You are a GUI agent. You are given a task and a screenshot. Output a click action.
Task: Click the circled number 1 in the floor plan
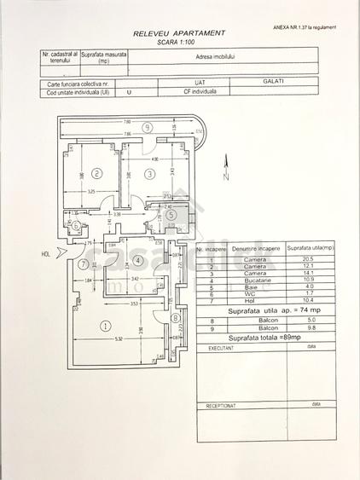(x=105, y=325)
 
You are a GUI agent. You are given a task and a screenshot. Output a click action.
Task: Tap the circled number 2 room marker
(x=97, y=174)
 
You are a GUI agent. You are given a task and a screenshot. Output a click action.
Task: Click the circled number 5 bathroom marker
(x=171, y=215)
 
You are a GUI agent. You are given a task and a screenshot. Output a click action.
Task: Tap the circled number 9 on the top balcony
(x=147, y=128)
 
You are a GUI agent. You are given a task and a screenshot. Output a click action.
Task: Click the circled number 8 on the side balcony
(x=175, y=319)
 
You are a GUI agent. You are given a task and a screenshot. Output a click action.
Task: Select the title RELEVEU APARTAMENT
(x=179, y=32)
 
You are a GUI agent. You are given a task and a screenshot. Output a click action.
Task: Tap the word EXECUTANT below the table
(x=222, y=349)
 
